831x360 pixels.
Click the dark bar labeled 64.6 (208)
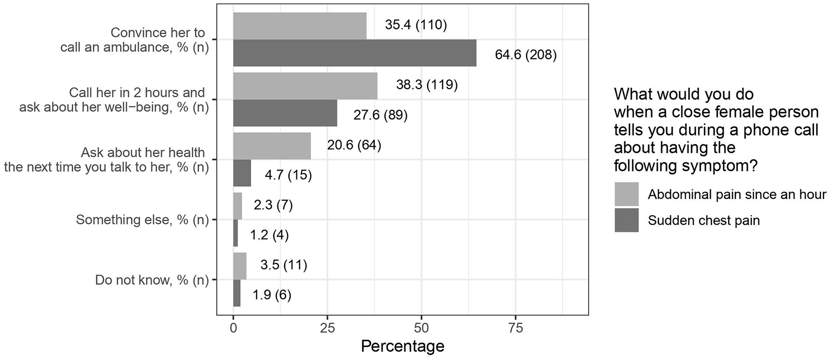tap(355, 53)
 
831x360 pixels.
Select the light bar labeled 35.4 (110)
tap(300, 26)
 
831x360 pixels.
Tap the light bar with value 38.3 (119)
tap(305, 86)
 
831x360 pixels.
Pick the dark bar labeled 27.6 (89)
tap(285, 113)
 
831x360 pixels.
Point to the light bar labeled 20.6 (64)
tap(272, 146)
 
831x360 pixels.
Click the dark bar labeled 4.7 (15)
tap(242, 173)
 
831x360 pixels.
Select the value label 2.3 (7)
tap(273, 205)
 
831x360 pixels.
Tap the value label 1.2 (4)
tap(269, 234)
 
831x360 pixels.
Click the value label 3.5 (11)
tap(283, 265)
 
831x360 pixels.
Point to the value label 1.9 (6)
tap(272, 295)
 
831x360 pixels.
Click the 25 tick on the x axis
tap(327, 329)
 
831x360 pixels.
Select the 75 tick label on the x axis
tap(515, 329)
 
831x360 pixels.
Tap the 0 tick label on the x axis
tap(234, 329)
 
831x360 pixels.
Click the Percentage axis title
tap(402, 346)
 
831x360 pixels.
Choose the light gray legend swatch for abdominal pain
tap(627, 194)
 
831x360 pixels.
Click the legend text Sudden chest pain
tap(703, 220)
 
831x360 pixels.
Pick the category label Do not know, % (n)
tap(151, 280)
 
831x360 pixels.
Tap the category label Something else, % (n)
tap(142, 219)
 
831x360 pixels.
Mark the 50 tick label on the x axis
tap(421, 329)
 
